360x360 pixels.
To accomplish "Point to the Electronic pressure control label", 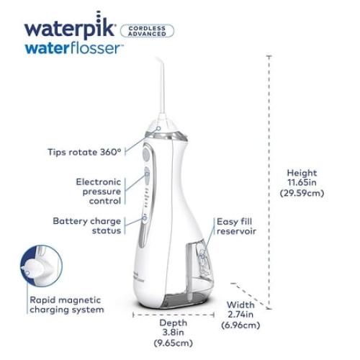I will pyautogui.click(x=98, y=192).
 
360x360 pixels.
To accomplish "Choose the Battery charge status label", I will pyautogui.click(x=91, y=226).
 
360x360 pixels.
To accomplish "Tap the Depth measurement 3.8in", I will pyautogui.click(x=174, y=333).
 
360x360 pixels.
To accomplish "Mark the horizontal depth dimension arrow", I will pyautogui.click(x=174, y=313).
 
